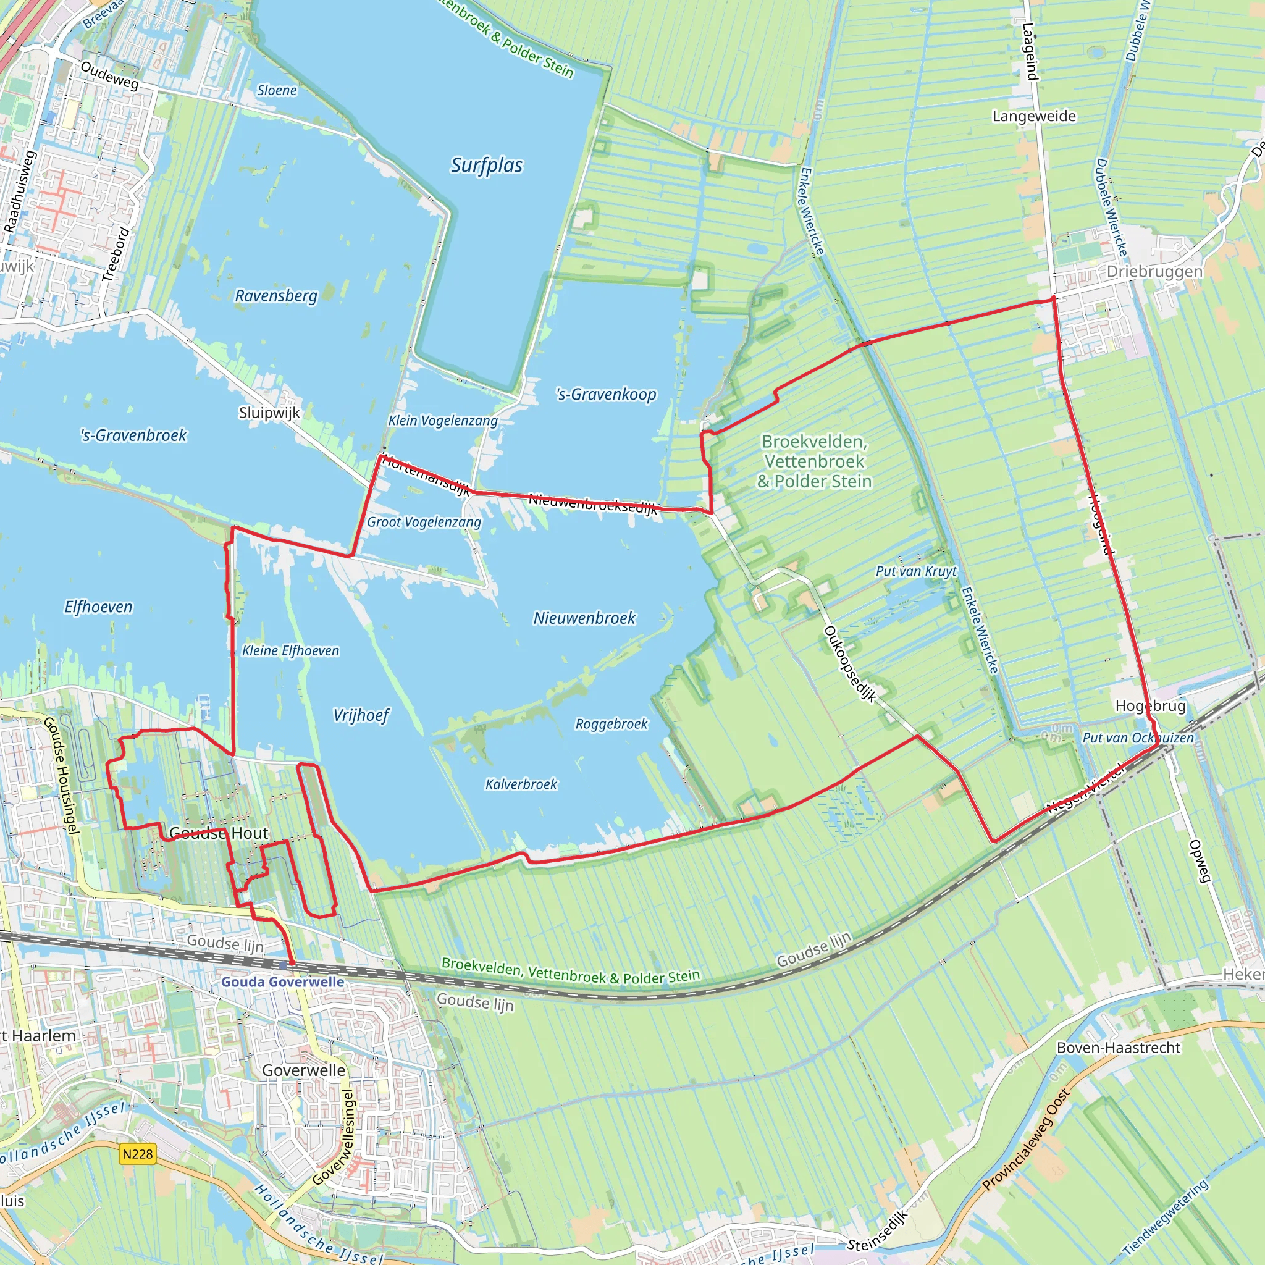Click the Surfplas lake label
click(487, 165)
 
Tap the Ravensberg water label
click(275, 296)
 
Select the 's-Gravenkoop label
click(606, 394)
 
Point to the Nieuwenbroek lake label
click(584, 618)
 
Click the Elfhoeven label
click(98, 607)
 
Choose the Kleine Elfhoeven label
click(291, 651)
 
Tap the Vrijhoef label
click(361, 715)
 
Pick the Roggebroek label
click(611, 723)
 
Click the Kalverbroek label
click(521, 784)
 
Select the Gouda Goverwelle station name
click(282, 981)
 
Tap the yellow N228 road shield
click(138, 1154)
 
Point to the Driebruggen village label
click(1154, 272)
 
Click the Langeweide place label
click(1034, 117)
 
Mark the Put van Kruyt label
click(916, 571)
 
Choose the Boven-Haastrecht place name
click(1119, 1048)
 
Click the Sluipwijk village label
click(269, 413)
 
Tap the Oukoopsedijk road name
click(850, 664)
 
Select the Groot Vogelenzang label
click(424, 522)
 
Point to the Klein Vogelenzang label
click(443, 421)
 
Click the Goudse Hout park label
click(219, 833)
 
